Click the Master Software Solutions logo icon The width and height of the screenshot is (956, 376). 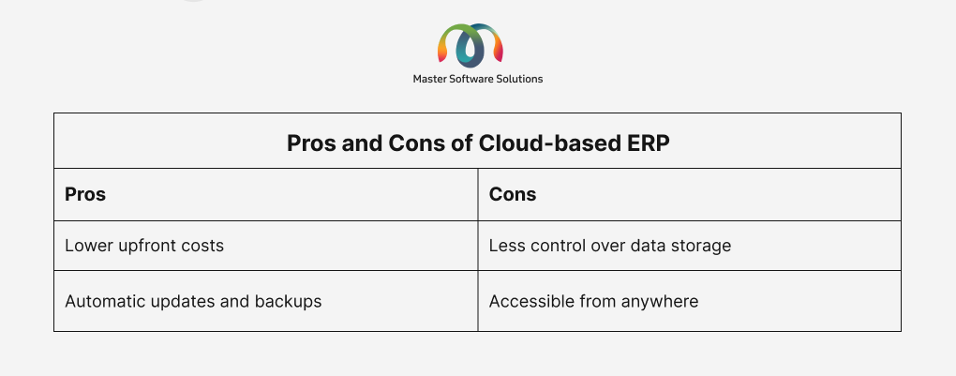click(471, 45)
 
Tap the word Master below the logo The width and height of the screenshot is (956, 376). click(428, 79)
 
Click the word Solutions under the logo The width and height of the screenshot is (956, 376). click(520, 79)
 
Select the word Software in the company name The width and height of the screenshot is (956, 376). click(471, 79)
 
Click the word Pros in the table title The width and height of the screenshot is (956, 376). click(311, 143)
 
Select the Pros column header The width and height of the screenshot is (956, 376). click(85, 194)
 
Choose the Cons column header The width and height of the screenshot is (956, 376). click(513, 194)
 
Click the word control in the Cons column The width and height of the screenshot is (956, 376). click(558, 246)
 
